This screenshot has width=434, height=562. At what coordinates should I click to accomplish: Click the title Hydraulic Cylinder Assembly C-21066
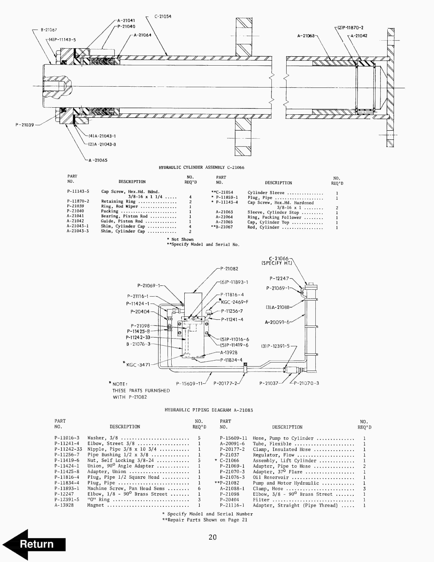coord(201,167)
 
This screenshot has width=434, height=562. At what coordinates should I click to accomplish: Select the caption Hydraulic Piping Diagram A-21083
coord(208,410)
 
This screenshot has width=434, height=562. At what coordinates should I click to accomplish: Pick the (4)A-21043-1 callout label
coord(102,136)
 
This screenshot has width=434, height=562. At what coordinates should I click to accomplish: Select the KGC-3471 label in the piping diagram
coord(138,365)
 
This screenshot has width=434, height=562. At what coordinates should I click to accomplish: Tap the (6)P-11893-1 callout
coord(234,282)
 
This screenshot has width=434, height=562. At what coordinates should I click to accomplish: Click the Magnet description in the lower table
coord(96,505)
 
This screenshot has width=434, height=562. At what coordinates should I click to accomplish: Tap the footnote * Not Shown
coord(180,239)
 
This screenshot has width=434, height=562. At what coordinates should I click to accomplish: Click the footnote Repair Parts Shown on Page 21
coord(205,520)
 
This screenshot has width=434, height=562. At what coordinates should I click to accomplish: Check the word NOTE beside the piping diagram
coord(119,384)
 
